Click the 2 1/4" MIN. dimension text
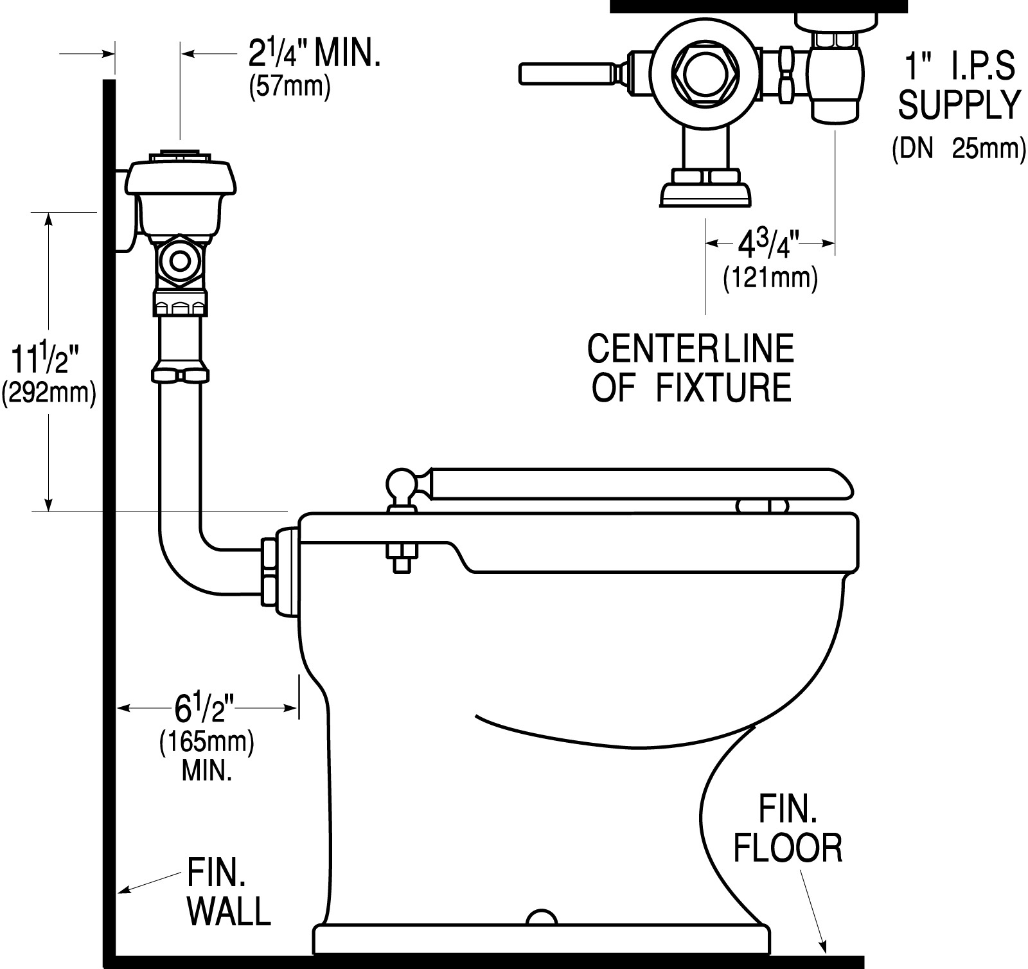314,56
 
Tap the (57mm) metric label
289,87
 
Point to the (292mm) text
49,393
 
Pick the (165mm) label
207,742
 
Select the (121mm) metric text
770,279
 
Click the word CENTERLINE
691,348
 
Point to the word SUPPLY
959,105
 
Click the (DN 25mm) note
959,149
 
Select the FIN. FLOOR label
788,830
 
